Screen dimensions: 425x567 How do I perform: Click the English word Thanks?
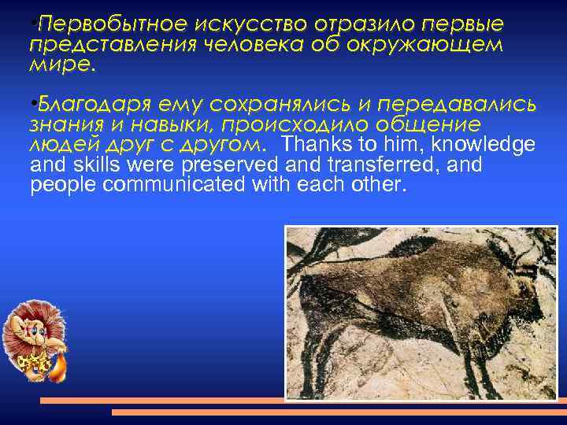313,146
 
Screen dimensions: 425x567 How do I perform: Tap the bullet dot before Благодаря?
31,105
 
